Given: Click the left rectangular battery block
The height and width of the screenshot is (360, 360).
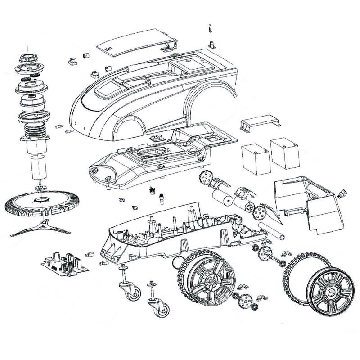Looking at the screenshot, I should pos(255,157).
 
